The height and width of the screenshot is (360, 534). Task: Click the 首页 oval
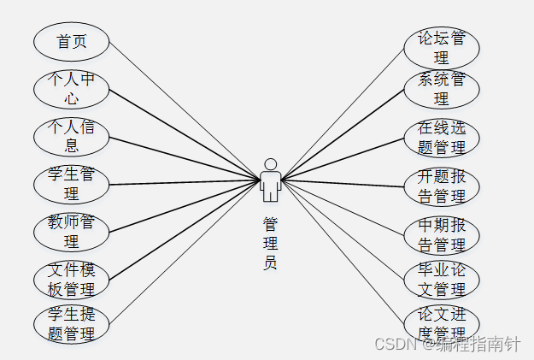72,41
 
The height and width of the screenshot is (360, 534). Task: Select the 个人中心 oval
72,89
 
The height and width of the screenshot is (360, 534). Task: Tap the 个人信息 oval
72,136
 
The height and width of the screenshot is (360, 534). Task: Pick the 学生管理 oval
72,184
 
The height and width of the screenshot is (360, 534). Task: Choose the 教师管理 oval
72,231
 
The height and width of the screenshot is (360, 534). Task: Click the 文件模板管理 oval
72,278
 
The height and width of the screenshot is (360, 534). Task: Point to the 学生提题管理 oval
72,324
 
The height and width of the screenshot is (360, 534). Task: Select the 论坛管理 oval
441,48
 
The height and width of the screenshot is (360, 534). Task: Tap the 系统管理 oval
441,90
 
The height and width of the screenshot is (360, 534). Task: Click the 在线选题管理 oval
441,138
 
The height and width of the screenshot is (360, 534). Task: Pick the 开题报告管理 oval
441,186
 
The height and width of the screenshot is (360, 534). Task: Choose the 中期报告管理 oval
441,235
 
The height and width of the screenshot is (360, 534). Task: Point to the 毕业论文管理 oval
441,280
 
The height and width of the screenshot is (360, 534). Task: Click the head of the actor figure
270,163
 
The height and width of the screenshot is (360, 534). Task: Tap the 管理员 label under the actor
270,243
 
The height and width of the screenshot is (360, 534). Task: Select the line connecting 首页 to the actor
184,110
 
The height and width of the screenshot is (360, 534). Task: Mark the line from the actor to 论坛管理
342,114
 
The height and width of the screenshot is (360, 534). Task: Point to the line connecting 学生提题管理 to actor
184,251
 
